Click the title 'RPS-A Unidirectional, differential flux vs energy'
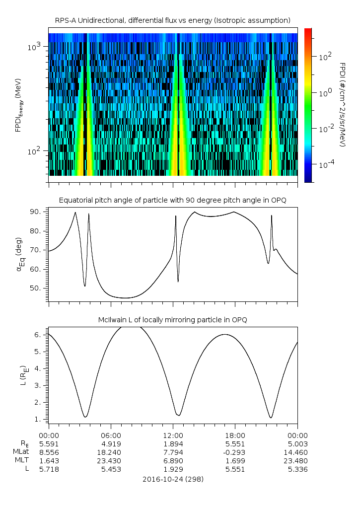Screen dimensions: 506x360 tap(172, 20)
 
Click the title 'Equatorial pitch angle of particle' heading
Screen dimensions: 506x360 tap(172, 200)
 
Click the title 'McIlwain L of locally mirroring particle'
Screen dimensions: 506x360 tap(172, 320)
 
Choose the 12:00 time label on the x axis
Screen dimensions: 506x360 tap(173, 435)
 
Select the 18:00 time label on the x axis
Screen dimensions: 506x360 tap(235, 435)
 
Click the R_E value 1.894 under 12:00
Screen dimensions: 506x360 tap(173, 443)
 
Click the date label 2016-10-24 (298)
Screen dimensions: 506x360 tap(172, 479)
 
